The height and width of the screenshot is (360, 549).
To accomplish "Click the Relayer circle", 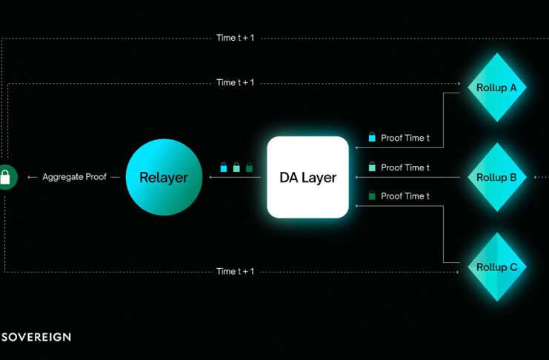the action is click(164, 177).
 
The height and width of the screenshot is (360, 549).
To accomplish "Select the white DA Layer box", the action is click(307, 177).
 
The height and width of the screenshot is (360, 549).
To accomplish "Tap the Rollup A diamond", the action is click(497, 87).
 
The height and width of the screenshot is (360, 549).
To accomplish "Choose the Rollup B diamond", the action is click(497, 177).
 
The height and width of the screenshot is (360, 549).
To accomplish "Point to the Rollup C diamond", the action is click(497, 267).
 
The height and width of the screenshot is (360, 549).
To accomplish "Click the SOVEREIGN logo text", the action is click(36, 337).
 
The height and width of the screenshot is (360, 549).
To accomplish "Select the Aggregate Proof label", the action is click(75, 177).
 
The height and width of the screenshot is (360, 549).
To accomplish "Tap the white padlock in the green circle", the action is click(5, 177).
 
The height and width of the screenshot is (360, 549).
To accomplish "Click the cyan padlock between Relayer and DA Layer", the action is click(224, 167).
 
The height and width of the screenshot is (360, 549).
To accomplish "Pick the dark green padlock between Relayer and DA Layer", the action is click(249, 167).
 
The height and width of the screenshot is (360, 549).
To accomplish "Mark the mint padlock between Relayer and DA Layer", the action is click(236, 167).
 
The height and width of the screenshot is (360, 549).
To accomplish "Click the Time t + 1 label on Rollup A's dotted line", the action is click(236, 83).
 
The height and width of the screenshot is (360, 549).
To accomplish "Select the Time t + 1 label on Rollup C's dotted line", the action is click(236, 271).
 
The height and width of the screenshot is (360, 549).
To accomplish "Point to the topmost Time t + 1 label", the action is click(236, 38).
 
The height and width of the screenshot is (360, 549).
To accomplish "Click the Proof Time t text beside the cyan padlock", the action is click(405, 138).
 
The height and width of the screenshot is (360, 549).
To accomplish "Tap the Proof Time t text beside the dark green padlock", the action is click(405, 196).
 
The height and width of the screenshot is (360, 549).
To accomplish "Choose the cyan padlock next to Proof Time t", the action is click(372, 137).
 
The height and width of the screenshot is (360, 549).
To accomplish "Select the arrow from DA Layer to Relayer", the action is click(235, 177).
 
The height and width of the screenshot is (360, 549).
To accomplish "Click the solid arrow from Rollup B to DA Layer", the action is click(407, 177).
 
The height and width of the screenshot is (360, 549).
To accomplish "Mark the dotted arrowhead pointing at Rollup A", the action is click(459, 84).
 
